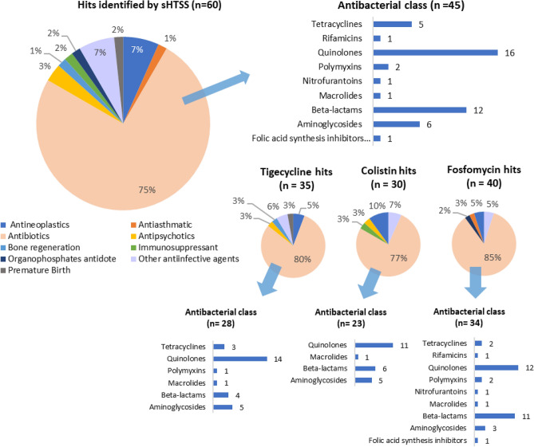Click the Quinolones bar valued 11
[x=374, y=345]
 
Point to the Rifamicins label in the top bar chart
[x=346, y=37]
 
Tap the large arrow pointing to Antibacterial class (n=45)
[x=216, y=85]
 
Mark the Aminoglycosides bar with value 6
[x=396, y=124]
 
